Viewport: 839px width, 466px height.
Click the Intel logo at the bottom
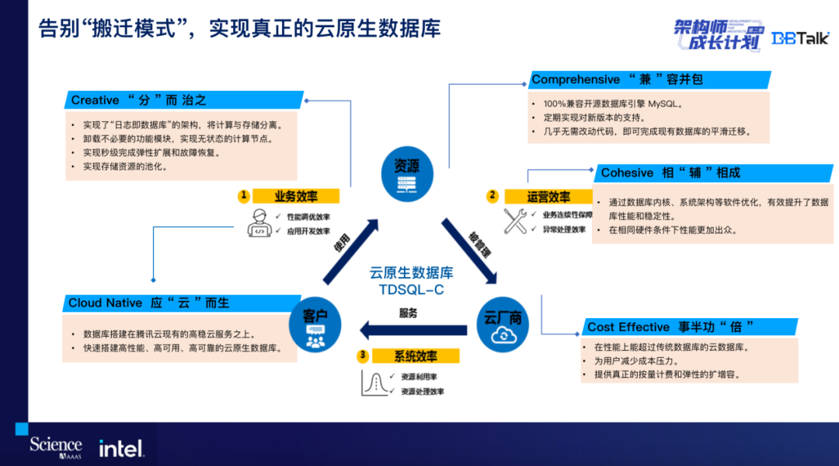(120, 448)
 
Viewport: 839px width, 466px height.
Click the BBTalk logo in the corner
(799, 37)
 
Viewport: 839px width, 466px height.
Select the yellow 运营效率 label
(548, 197)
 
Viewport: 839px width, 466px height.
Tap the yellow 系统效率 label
(416, 356)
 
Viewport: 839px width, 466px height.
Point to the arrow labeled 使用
(350, 251)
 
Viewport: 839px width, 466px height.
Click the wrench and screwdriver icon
(516, 221)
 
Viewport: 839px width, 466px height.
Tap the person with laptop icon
(259, 222)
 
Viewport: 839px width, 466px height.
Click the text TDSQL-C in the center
(411, 289)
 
